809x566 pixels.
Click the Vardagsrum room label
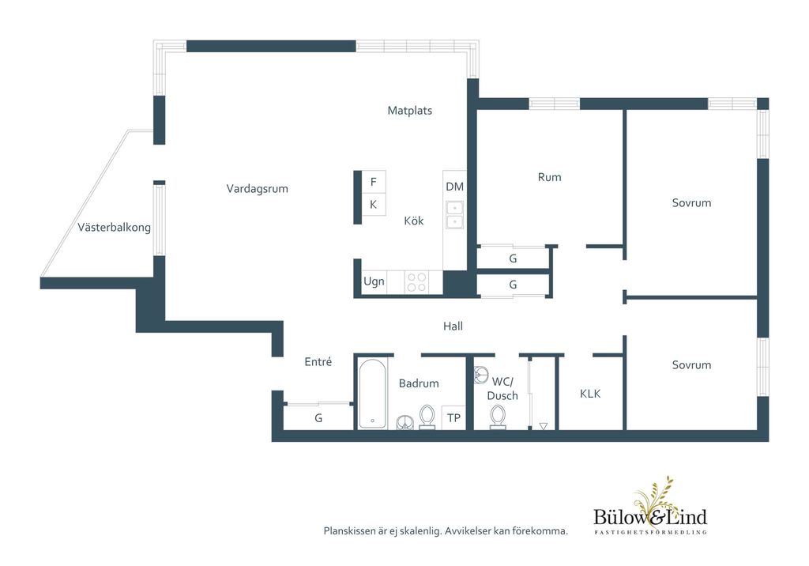coord(257,189)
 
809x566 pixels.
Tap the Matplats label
coord(410,111)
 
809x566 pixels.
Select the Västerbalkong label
coord(114,227)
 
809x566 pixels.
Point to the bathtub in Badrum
coord(372,394)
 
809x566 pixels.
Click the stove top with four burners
coord(416,282)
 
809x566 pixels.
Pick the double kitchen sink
coord(454,215)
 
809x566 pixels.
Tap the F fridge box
coord(373,182)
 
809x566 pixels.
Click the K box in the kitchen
coord(373,205)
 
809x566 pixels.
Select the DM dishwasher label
coord(454,187)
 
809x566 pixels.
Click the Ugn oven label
coord(374,281)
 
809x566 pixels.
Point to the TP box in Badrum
coord(453,418)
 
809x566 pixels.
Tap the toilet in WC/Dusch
coord(498,417)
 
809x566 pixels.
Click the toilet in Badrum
coord(427,417)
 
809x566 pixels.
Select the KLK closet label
coord(590,394)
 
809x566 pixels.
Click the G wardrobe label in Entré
coord(318,418)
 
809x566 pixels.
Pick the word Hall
coord(453,326)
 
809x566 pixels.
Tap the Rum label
coord(550,177)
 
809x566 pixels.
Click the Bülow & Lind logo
coord(650,506)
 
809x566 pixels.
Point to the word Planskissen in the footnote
coord(349,531)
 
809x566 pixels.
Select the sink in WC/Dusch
coord(481,375)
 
